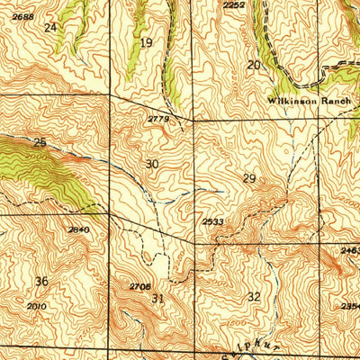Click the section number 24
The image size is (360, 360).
[49, 28]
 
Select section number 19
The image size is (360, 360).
[146, 42]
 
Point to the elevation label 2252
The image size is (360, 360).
[234, 5]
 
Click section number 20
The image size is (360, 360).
[254, 65]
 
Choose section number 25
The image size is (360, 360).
[40, 142]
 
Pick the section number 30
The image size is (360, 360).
[152, 164]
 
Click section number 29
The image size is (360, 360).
[249, 178]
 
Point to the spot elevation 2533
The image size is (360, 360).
[212, 220]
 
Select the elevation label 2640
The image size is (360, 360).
[78, 229]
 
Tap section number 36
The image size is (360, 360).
[41, 282]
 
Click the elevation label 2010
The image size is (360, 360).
[36, 306]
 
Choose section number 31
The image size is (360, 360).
[157, 298]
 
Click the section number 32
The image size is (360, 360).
[254, 296]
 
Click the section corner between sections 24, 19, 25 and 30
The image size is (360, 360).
[110, 95]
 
